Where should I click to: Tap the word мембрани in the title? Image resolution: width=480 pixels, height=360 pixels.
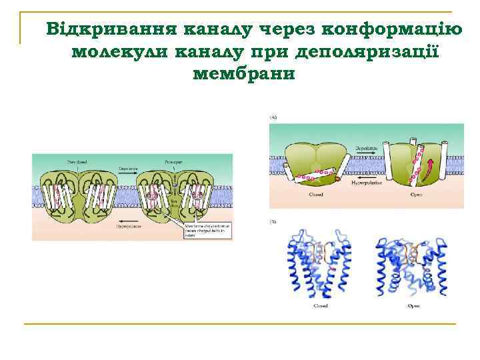[243, 73]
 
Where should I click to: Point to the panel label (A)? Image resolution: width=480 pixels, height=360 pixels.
[273, 117]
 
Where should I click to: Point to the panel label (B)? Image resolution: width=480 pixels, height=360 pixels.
[273, 221]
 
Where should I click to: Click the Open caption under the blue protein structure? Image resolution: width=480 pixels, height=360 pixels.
[413, 306]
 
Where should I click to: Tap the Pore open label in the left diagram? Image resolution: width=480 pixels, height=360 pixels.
[171, 162]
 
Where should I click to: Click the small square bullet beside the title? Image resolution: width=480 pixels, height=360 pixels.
[37, 30]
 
